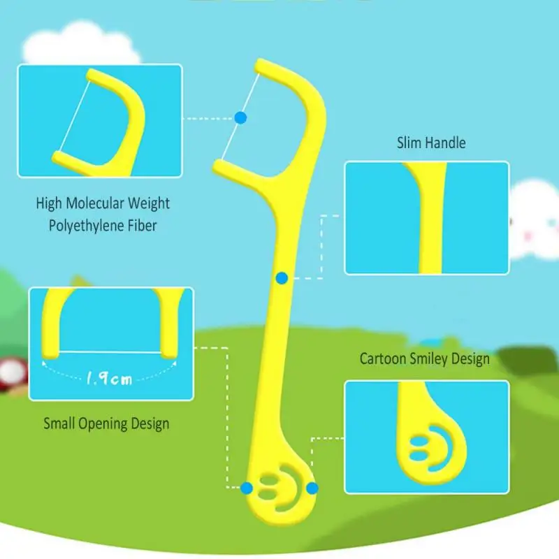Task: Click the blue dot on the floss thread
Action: pyautogui.click(x=240, y=117)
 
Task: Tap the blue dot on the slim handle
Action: pyautogui.click(x=282, y=278)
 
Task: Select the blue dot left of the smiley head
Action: pyautogui.click(x=247, y=488)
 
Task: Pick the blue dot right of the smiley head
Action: pyautogui.click(x=312, y=488)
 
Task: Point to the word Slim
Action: pyautogui.click(x=410, y=143)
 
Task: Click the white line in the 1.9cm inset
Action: pyautogui.click(x=110, y=352)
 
